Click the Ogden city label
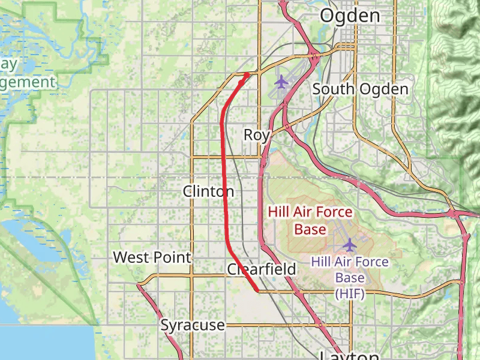[x=350, y=16]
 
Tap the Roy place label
[x=256, y=135]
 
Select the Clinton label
[x=208, y=191]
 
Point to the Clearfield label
[x=262, y=269]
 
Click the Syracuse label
[x=193, y=325]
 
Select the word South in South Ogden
[x=333, y=89]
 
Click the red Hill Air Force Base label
[x=310, y=220]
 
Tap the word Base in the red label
[x=310, y=229]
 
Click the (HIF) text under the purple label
[x=350, y=293]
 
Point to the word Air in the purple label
[x=346, y=262]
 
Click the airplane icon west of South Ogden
[x=281, y=81]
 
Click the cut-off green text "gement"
[x=28, y=82]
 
